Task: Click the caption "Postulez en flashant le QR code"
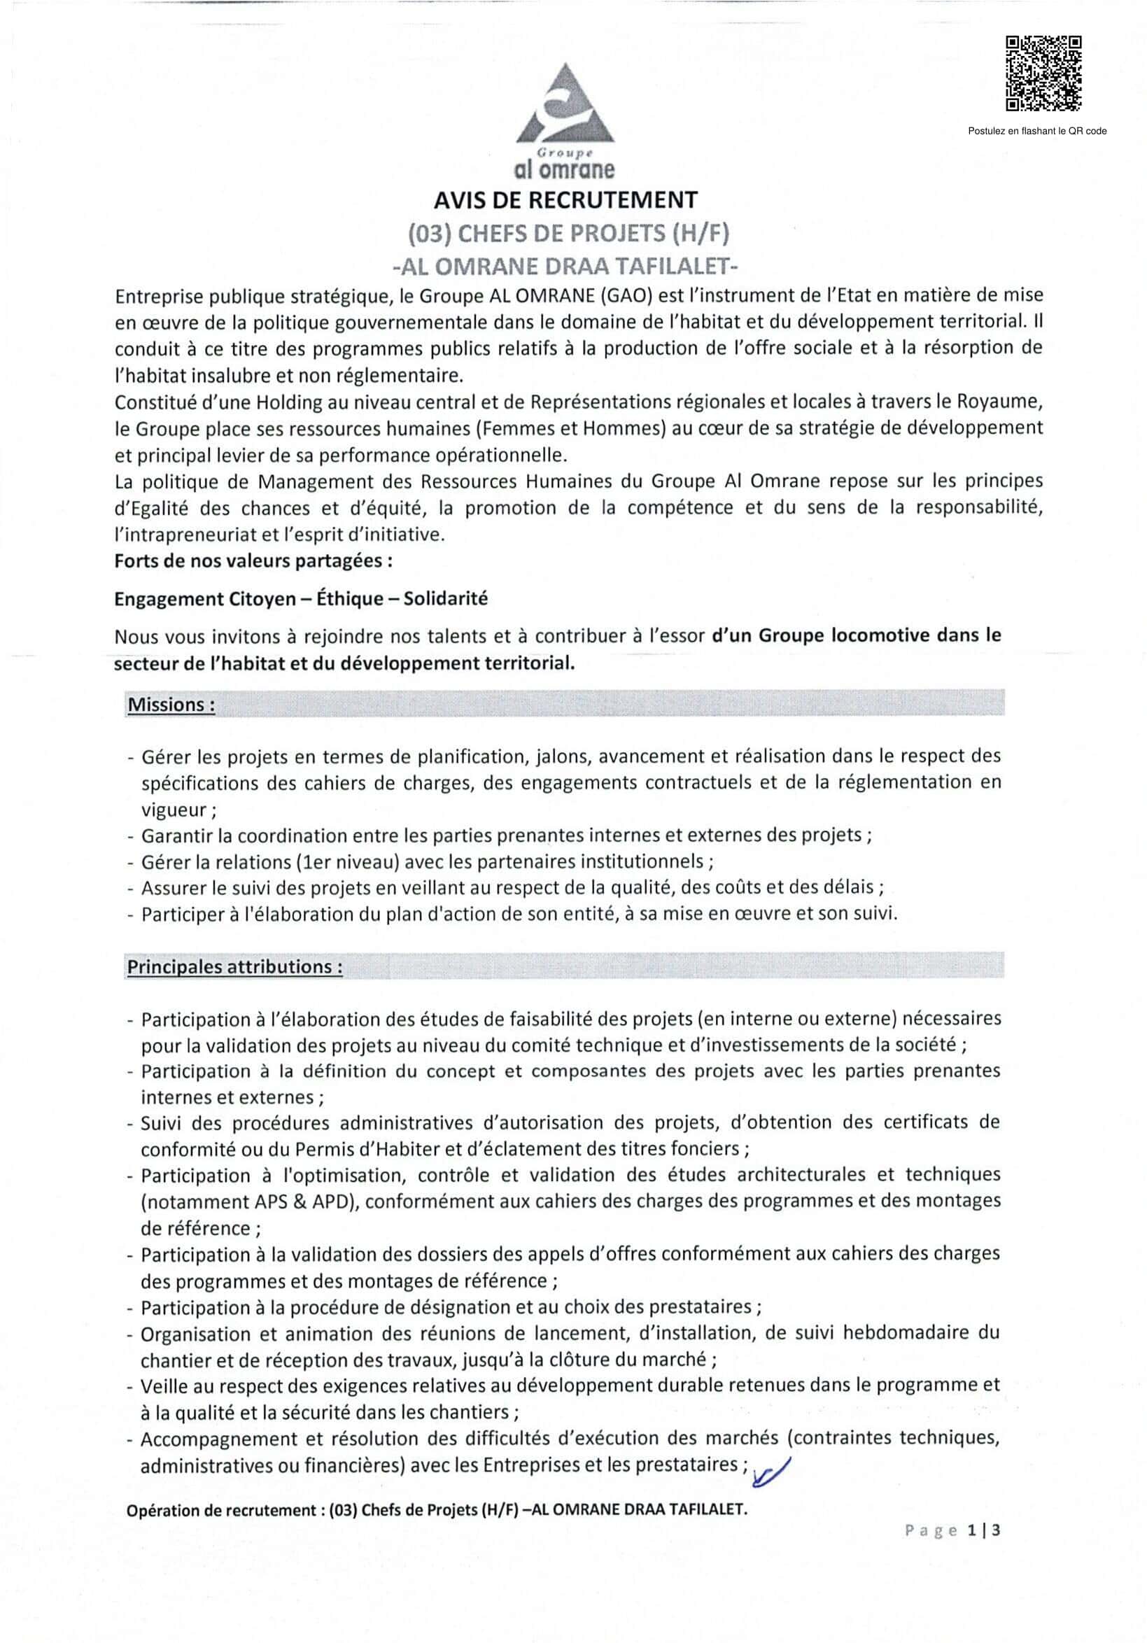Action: click(x=1037, y=131)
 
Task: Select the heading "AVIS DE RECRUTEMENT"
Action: click(x=565, y=199)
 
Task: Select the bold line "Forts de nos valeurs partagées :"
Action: click(x=253, y=561)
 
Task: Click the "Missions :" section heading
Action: click(x=171, y=705)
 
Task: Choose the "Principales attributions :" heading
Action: click(x=234, y=967)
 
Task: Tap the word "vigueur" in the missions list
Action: click(x=173, y=810)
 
